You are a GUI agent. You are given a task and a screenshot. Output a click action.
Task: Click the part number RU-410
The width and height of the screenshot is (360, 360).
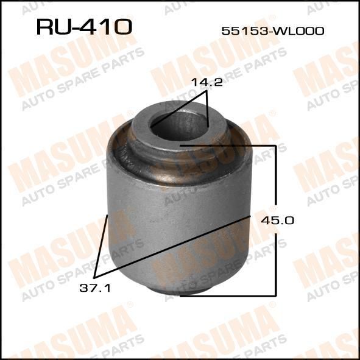(x=84, y=27)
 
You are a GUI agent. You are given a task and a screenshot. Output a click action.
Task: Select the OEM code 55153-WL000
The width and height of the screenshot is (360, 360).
(x=273, y=31)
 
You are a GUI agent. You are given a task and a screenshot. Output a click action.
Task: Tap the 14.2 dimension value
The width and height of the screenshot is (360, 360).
(x=207, y=82)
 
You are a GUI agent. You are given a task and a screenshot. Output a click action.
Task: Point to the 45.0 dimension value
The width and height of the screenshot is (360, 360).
(x=277, y=221)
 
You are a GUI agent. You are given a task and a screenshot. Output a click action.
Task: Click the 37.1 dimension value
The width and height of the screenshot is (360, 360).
(x=95, y=288)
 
